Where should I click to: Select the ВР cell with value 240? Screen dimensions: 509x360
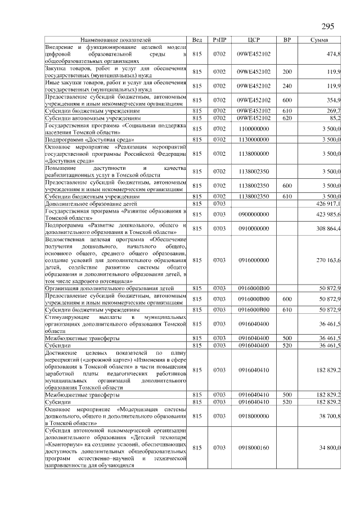tap(287, 86)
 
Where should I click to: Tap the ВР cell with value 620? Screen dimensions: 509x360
tap(287, 119)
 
